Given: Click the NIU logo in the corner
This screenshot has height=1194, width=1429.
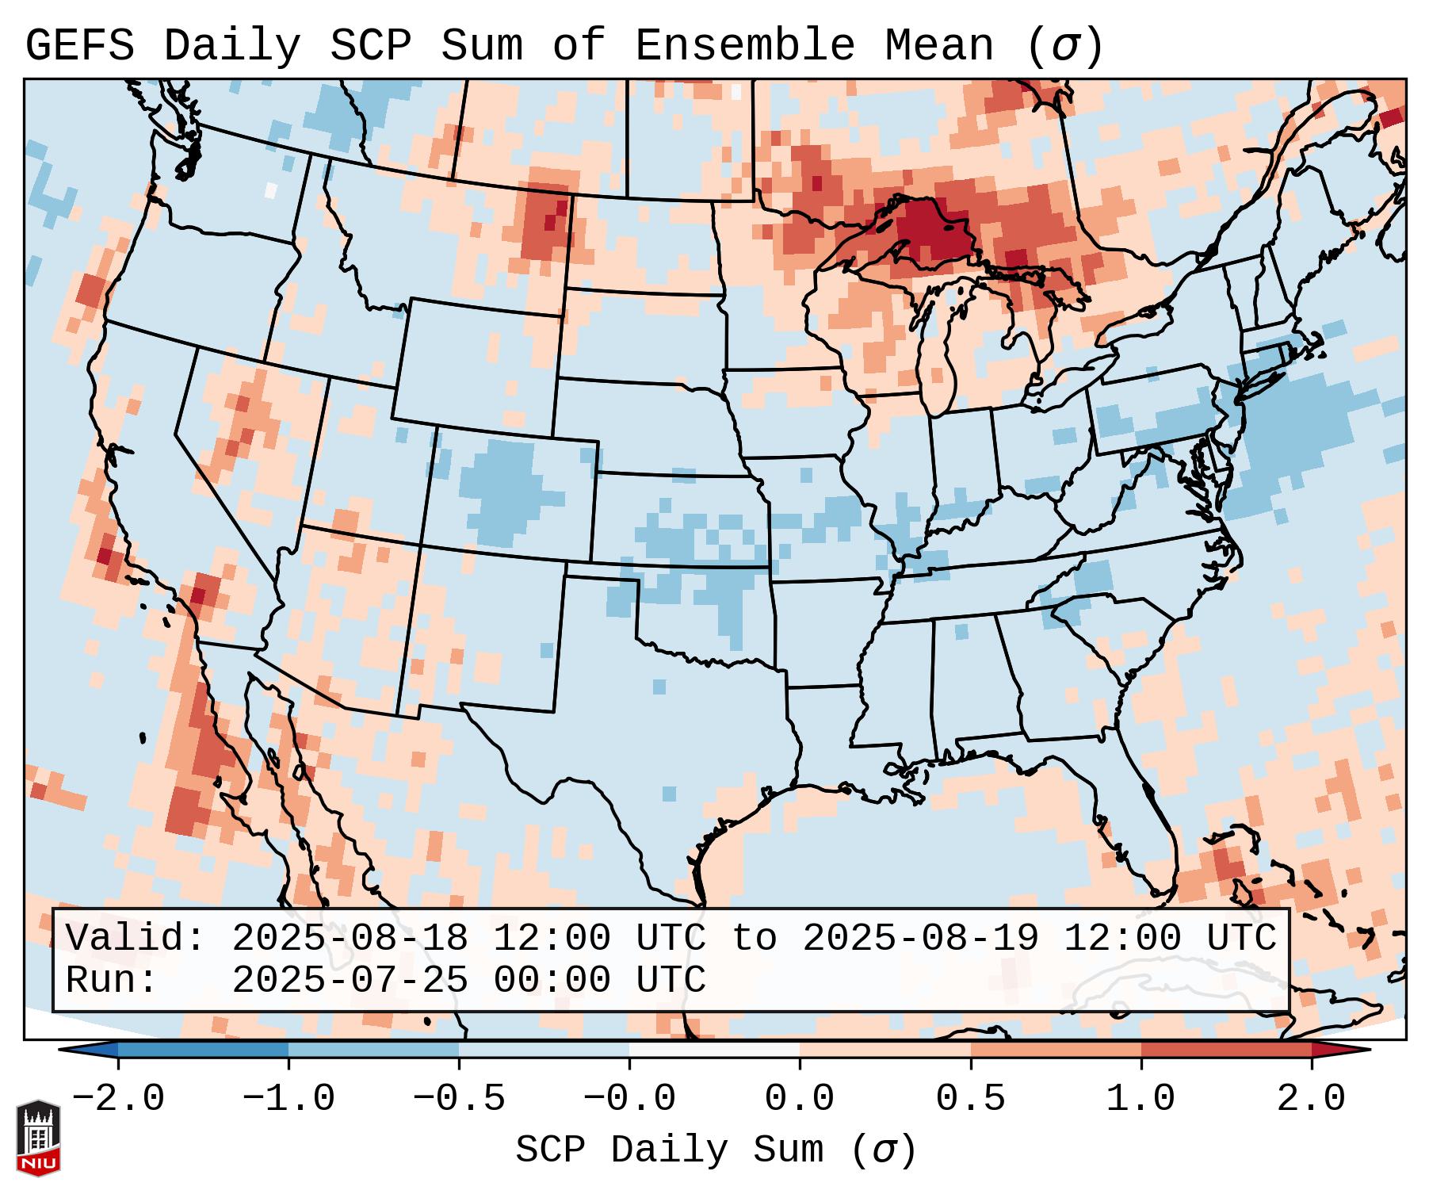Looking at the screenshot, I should pos(38,1137).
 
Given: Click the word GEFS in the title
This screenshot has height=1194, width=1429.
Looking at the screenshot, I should pos(79,46).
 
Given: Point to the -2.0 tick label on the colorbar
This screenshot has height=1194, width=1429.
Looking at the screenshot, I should pos(118,1099).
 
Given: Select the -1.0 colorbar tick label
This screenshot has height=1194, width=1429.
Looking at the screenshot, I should pos(288,1099).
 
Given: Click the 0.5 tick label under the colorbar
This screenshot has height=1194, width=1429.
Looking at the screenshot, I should pos(970,1099).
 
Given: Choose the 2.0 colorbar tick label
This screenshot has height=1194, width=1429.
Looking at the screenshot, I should pos(1311,1099).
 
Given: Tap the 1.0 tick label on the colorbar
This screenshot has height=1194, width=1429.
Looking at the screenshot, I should pos(1141,1099).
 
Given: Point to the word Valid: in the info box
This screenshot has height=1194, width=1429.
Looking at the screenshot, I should pos(136,938).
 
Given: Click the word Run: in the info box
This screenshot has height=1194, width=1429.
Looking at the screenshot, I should pos(112,980).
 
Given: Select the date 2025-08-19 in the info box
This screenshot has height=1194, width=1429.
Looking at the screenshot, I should pos(920,938).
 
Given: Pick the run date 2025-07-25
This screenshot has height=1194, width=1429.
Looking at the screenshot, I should pos(350,980).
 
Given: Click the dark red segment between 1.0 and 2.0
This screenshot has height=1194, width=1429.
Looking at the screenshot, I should pos(1225,1050).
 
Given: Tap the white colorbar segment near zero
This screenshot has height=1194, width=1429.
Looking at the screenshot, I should pos(714,1050).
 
